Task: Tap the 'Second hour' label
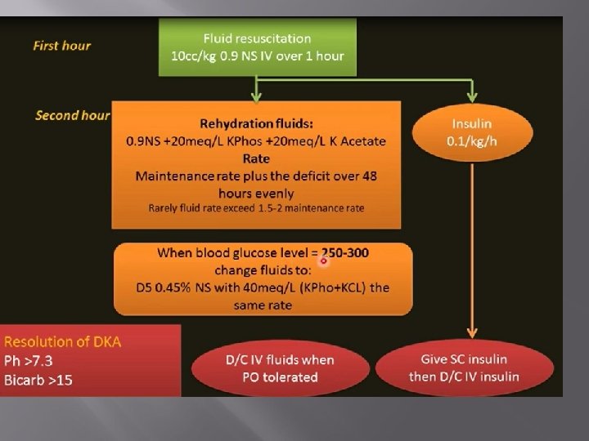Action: click(72, 115)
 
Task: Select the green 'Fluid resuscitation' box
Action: click(257, 47)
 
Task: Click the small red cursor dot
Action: click(324, 261)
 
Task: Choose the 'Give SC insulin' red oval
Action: click(470, 368)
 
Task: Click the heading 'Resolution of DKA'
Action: click(62, 341)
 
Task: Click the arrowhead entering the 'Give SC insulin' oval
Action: click(471, 339)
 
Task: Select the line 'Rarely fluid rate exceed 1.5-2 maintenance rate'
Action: click(257, 208)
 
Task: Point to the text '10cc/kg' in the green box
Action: click(194, 56)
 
